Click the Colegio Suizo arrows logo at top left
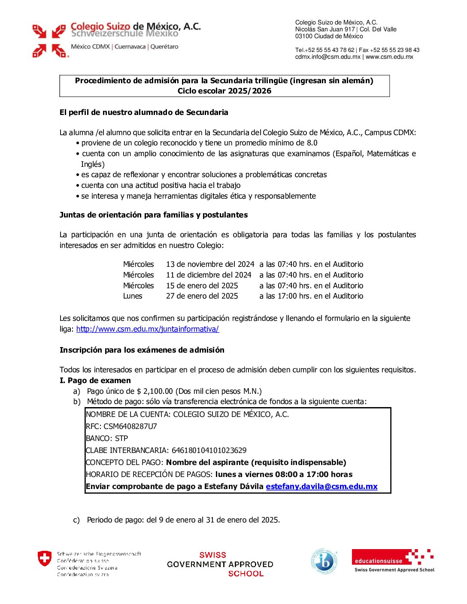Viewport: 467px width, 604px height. tap(50, 41)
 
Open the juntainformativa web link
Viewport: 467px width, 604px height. tap(147, 329)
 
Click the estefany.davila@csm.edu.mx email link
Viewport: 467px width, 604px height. tap(321, 486)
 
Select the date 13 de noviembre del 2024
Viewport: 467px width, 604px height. tap(210, 264)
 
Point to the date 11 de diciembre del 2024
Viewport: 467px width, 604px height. tap(209, 275)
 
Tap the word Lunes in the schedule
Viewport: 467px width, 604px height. tap(133, 296)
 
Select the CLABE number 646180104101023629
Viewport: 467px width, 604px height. tap(209, 450)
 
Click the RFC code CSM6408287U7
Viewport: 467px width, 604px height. tap(130, 426)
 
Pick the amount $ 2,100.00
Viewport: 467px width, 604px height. tap(155, 391)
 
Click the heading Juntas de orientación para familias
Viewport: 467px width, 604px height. tap(153, 215)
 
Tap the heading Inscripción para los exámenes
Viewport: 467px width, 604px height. tap(142, 350)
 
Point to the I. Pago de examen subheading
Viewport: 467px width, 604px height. tap(95, 381)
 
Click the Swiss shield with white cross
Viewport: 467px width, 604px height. tap(45, 559)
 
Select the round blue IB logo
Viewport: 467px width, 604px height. tap(324, 562)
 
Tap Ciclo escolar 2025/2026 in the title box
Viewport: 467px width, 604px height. tap(224, 91)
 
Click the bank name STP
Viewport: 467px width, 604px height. tap(121, 438)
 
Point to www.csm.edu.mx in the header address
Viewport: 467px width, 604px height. tap(389, 57)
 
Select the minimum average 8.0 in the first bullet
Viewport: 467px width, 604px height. tap(312, 143)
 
